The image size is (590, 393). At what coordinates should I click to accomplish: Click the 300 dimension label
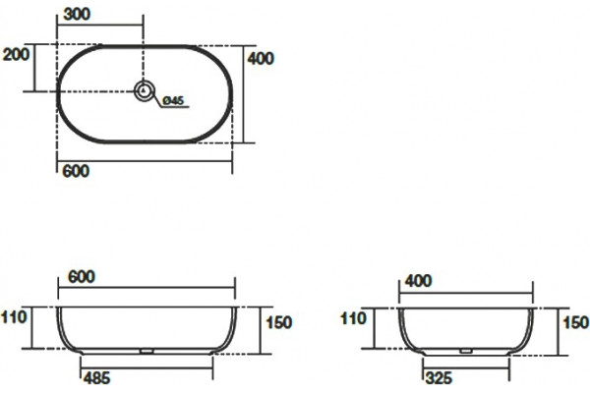(x=77, y=15)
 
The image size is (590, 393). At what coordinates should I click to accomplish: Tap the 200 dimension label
(x=16, y=55)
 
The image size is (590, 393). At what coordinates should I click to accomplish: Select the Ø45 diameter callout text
(x=173, y=100)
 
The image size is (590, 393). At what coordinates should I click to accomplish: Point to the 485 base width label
(x=96, y=378)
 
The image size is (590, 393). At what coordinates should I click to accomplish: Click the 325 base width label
(x=439, y=378)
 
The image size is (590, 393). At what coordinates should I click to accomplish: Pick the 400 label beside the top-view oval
(x=261, y=58)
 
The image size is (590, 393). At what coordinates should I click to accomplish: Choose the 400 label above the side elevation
(x=418, y=281)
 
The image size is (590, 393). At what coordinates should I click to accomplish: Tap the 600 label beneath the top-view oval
(x=76, y=171)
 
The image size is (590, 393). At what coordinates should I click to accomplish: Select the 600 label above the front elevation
(x=82, y=277)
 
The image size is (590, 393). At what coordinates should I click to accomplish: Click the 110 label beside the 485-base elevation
(x=14, y=317)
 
